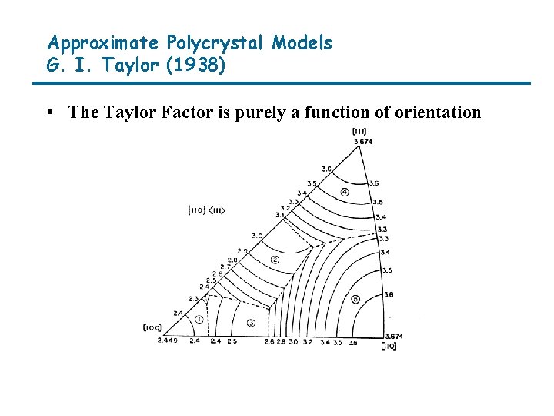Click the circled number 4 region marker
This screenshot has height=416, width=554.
point(345,191)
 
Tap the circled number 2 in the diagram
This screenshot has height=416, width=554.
point(275,260)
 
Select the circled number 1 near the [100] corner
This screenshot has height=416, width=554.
point(199,318)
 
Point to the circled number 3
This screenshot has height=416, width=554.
point(250,323)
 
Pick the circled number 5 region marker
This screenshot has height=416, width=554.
point(355,299)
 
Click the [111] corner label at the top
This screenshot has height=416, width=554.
point(359,132)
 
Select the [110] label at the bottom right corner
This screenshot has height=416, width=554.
point(389,347)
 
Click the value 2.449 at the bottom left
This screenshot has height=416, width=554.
point(167,340)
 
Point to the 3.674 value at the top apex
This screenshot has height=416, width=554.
point(362,141)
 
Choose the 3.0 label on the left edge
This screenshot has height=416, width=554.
point(256,235)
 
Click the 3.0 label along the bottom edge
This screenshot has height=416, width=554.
point(293,341)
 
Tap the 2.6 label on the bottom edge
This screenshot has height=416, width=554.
point(269,341)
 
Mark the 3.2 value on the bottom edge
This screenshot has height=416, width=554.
point(308,341)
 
